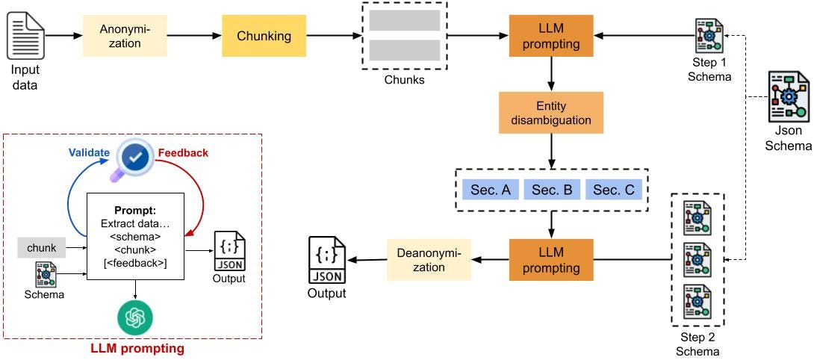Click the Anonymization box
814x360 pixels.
pos(125,36)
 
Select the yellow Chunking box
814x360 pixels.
pos(264,36)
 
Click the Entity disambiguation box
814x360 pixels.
pos(552,112)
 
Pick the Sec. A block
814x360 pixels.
pos(490,190)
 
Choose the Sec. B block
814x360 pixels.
pos(552,190)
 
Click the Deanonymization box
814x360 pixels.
pos(428,260)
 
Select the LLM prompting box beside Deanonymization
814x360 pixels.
pos(552,260)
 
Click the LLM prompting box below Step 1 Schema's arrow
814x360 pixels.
pos(552,36)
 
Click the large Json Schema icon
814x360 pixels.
pos(789,96)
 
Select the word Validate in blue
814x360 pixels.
pos(89,131)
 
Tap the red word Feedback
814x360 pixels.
pos(183,131)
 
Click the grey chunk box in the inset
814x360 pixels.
pos(42,247)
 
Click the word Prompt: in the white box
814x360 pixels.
pos(134,209)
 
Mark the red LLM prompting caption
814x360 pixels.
pos(136,348)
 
